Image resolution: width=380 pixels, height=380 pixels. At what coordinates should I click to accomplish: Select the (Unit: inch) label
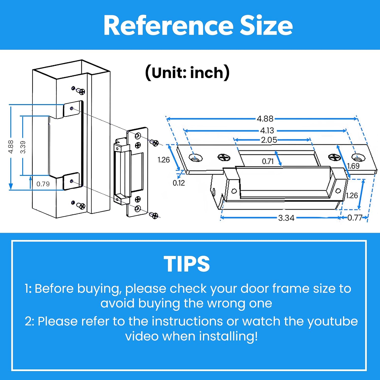tap(187, 73)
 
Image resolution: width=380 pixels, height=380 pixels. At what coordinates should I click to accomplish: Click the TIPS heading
tap(187, 264)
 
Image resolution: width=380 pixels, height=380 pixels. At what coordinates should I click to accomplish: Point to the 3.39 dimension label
tap(23, 147)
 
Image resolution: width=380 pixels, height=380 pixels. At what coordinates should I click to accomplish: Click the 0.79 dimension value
tap(43, 184)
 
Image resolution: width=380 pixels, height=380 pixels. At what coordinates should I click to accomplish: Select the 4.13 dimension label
tap(267, 130)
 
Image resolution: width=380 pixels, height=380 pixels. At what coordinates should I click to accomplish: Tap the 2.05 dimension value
tap(269, 140)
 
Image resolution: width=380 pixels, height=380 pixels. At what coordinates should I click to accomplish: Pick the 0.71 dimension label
tap(268, 161)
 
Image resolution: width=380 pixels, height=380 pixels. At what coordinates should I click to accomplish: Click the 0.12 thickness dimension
tap(179, 183)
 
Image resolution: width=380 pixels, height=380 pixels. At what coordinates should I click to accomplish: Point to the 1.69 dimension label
tap(353, 166)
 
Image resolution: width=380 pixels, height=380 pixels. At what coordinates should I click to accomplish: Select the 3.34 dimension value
tap(286, 218)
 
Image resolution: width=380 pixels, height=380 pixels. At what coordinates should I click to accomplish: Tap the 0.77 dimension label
tap(355, 218)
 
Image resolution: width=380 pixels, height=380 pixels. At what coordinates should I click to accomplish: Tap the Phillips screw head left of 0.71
tap(224, 158)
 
